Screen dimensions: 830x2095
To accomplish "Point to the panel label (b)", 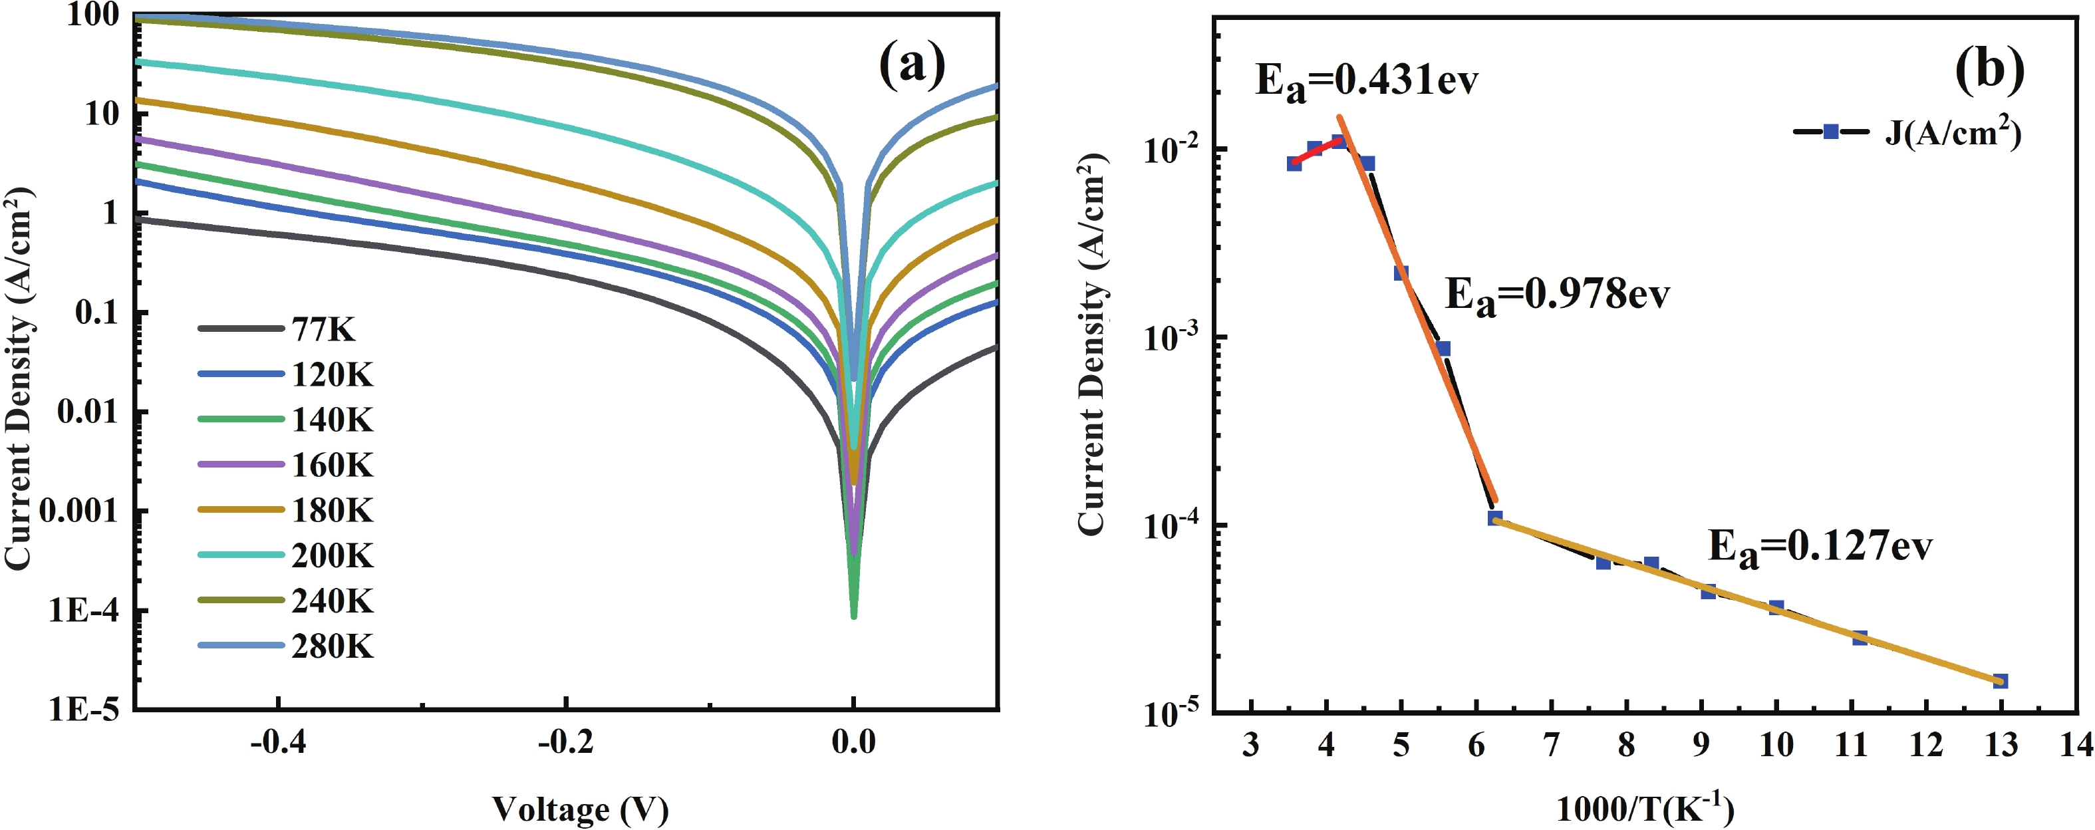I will (x=1989, y=69).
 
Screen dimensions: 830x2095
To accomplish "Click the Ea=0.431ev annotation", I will (x=1366, y=82).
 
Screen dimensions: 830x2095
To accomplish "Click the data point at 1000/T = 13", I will (x=2001, y=680).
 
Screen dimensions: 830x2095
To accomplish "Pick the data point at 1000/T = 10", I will (x=1776, y=608).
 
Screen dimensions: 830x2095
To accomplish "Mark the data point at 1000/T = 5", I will (x=1401, y=273).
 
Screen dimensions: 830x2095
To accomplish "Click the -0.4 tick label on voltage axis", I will (x=278, y=742).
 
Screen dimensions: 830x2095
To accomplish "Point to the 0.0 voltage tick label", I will (x=853, y=742).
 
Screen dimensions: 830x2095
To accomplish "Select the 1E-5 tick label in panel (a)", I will (x=84, y=710).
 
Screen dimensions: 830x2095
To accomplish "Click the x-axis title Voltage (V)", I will (x=580, y=809).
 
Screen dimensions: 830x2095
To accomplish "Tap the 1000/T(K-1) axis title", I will (x=1645, y=807).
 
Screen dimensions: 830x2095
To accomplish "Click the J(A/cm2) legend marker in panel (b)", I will (x=1831, y=132).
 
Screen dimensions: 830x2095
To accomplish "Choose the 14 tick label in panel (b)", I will (x=2076, y=744).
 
